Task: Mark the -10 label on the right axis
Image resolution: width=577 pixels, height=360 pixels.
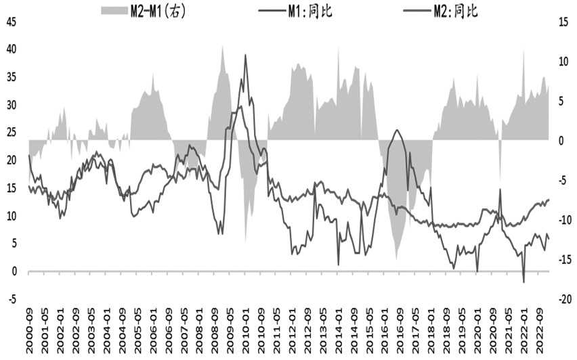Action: (x=565, y=220)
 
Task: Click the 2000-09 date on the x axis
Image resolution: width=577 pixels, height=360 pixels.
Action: (x=29, y=336)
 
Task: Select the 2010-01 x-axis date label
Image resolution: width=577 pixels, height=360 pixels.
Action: (x=246, y=336)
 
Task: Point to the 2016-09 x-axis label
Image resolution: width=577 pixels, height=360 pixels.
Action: (x=400, y=336)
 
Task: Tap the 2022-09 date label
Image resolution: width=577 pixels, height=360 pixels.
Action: (x=540, y=336)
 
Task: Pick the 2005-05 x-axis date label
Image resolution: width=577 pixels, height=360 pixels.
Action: (x=137, y=336)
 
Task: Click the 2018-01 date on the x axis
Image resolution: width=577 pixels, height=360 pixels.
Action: (x=431, y=336)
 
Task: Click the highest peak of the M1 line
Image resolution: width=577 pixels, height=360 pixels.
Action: (x=245, y=55)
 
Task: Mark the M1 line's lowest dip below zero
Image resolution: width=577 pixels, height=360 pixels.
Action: (x=523, y=282)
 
